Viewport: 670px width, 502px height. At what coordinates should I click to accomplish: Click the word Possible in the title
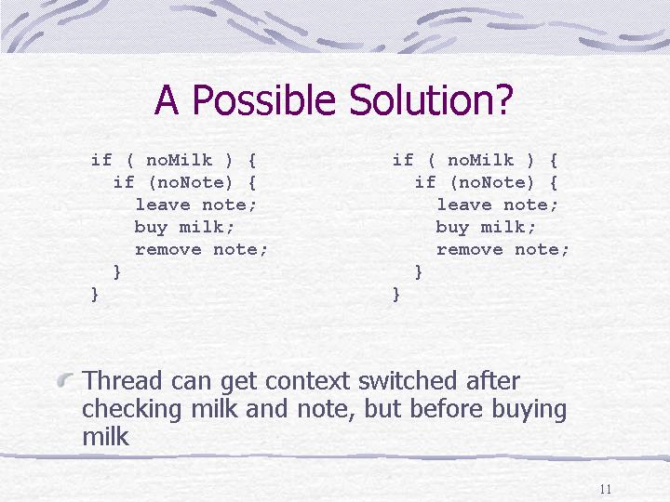[263, 99]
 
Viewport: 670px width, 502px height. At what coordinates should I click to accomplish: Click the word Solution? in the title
[431, 99]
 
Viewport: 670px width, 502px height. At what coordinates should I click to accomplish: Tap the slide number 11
[606, 489]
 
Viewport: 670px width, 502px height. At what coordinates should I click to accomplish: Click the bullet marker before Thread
[65, 379]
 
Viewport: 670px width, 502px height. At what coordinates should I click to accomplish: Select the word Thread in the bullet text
[122, 380]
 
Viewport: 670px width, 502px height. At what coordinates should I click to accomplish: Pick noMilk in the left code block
[179, 160]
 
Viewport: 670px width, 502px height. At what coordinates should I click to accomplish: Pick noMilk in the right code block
[481, 160]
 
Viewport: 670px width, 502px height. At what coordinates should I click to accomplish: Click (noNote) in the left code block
[191, 183]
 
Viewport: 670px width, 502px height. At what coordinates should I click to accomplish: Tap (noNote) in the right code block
[492, 183]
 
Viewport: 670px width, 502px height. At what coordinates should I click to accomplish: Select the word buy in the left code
[151, 227]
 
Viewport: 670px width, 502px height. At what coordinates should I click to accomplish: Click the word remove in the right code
[470, 249]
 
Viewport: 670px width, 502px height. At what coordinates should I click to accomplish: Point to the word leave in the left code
[163, 205]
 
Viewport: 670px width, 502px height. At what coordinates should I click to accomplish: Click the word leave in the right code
[464, 205]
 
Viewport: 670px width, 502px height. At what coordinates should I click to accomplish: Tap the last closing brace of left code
[95, 295]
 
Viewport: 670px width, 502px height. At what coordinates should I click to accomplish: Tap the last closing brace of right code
[396, 295]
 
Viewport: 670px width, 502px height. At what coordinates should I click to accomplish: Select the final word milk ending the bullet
[105, 436]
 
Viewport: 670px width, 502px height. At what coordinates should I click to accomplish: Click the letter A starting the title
[167, 100]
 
